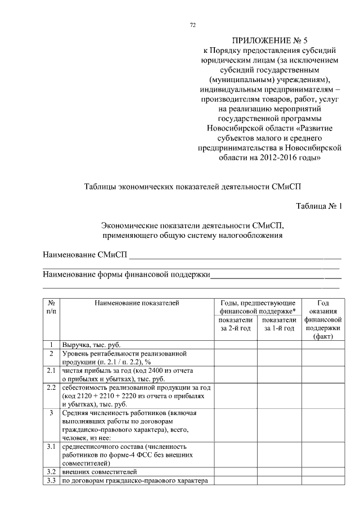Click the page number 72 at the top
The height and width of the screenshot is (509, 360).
193,25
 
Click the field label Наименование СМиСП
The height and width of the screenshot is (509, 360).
85,256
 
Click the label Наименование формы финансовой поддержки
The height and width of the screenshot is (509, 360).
127,274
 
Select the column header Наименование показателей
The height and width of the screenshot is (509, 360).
137,303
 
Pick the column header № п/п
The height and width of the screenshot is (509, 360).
51,307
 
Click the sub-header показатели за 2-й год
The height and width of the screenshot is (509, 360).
235,324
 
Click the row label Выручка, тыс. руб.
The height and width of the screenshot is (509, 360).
92,345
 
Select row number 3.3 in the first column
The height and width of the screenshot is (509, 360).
51,480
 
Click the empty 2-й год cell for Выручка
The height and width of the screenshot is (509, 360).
235,345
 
